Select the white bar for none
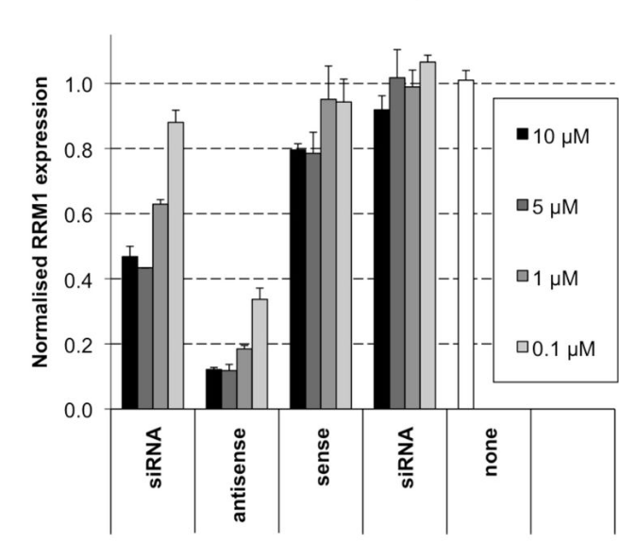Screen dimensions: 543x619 click(x=465, y=246)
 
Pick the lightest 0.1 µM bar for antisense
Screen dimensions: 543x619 click(x=259, y=354)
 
